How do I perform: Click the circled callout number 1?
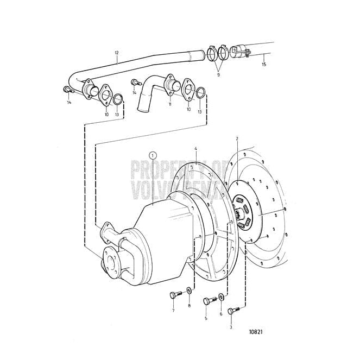pos(153,155)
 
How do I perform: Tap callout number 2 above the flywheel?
pos(237,139)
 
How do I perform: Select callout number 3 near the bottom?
pos(230,328)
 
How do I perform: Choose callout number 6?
pos(221,314)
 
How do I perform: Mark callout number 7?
pos(173,310)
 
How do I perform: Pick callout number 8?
pos(189,306)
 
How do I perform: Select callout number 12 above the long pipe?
pos(116,53)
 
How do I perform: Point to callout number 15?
pos(264,65)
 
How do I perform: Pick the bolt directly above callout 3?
pos(233,311)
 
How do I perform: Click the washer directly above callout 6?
pos(221,298)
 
